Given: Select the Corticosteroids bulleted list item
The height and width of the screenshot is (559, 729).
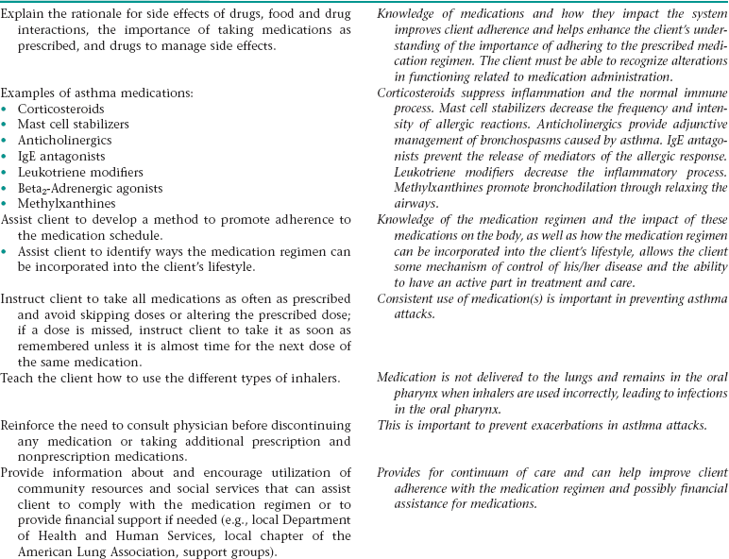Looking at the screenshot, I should click(59, 110).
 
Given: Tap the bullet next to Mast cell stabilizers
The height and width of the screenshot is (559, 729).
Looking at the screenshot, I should click(7, 126).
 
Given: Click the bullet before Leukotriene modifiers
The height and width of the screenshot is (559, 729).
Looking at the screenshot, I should click(7, 173).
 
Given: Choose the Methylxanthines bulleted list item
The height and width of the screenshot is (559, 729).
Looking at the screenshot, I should click(63, 204).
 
